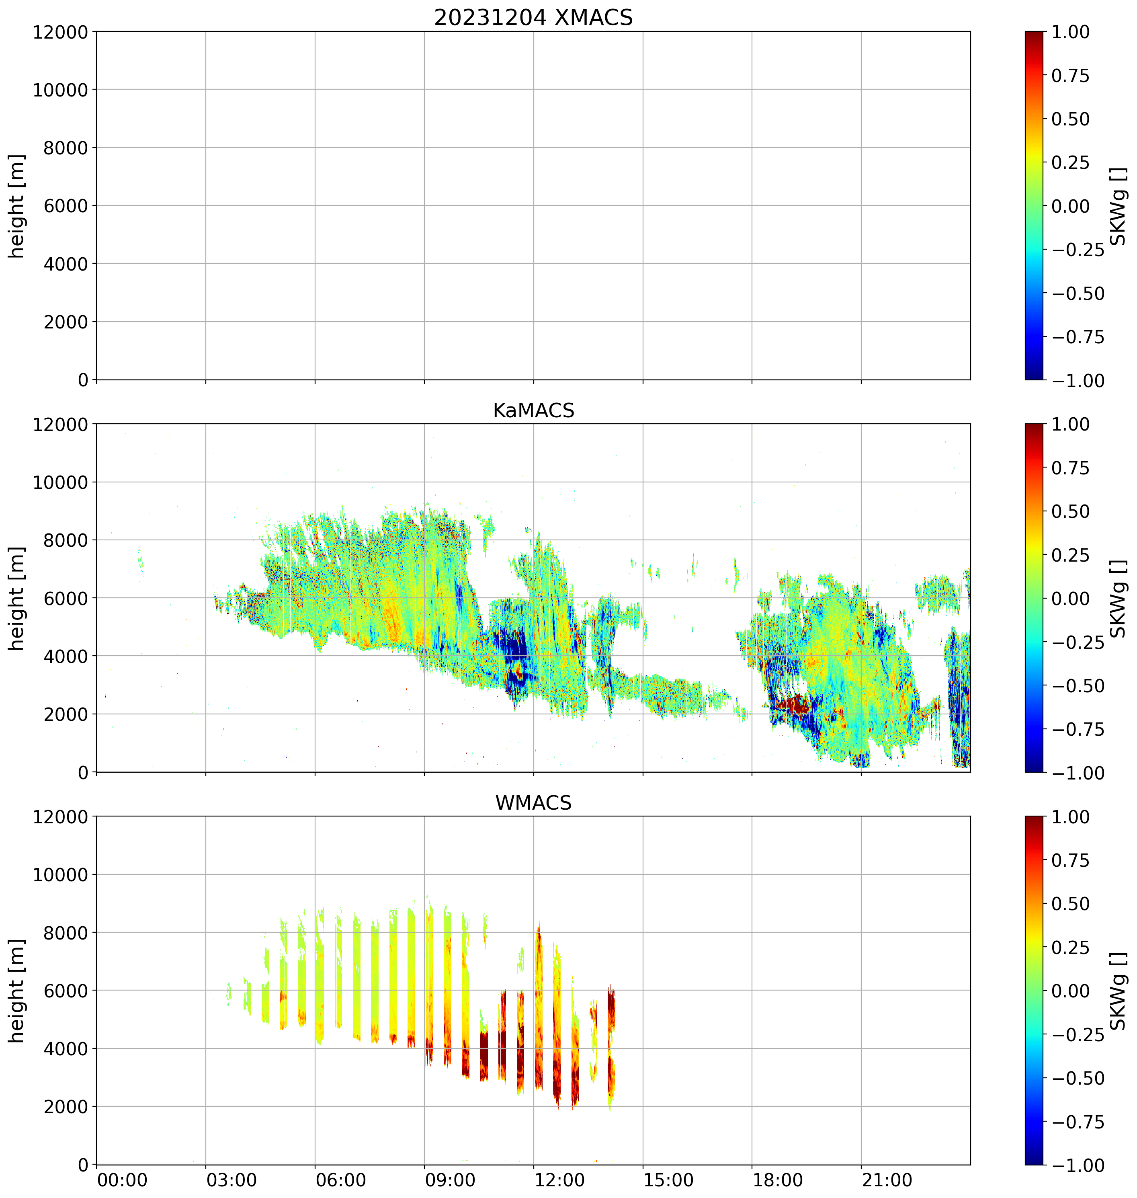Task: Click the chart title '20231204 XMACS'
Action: tap(533, 18)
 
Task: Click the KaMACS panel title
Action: tap(533, 410)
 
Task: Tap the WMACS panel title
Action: tap(533, 803)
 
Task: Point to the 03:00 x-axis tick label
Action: tap(231, 1180)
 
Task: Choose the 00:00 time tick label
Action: tap(123, 1180)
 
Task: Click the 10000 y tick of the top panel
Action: tap(60, 90)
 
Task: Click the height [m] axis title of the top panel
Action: tap(17, 206)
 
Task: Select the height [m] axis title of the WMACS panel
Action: tap(17, 991)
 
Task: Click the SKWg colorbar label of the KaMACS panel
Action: tap(1118, 598)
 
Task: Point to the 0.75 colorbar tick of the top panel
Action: tap(1070, 76)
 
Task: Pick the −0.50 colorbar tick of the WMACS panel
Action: tap(1078, 1078)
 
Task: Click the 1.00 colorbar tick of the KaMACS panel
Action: tap(1070, 425)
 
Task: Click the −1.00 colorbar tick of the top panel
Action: tap(1078, 381)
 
